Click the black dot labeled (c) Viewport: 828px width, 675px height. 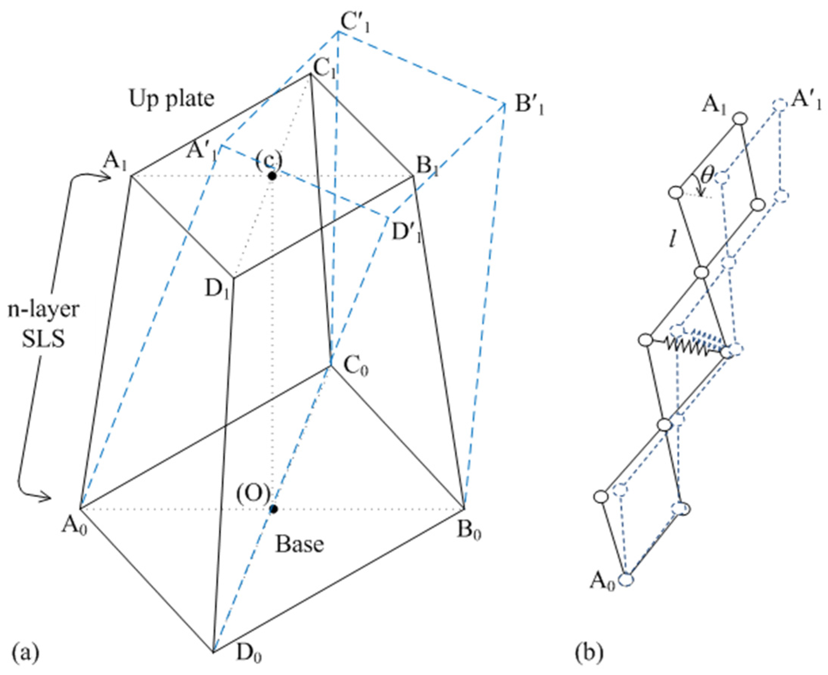pos(272,176)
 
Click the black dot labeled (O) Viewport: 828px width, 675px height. pos(273,508)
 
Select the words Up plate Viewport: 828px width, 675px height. pos(171,99)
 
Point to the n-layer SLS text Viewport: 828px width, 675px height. pos(44,324)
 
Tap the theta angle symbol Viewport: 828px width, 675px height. pos(707,176)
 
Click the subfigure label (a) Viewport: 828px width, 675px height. pos(26,653)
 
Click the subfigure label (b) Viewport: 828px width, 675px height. pos(589,653)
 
